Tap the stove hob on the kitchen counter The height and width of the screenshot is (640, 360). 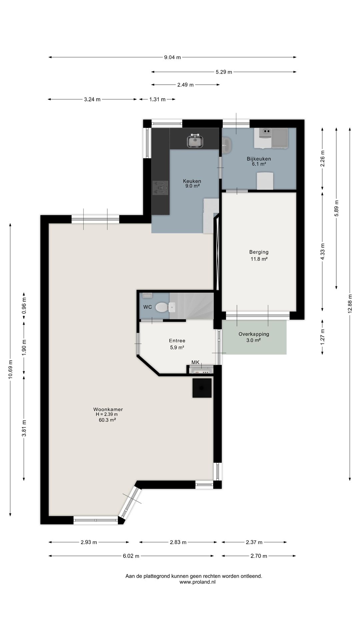click(160, 188)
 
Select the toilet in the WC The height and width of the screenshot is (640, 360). click(162, 307)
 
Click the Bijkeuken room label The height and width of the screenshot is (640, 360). click(259, 159)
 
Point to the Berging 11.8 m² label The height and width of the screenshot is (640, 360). click(259, 255)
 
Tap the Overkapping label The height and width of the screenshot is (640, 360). click(254, 334)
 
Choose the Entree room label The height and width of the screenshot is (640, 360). click(177, 341)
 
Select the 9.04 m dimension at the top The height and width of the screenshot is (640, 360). click(172, 57)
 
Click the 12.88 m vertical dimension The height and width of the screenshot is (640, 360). click(350, 303)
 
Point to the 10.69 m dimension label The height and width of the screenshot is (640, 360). click(10, 369)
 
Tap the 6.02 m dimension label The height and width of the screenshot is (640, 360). click(131, 556)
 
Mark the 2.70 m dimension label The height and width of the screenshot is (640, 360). click(259, 556)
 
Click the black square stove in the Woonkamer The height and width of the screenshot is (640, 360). click(202, 388)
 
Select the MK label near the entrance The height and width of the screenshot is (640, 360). click(195, 362)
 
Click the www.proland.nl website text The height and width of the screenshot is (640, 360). click(198, 582)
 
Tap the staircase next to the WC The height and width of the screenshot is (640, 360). click(191, 306)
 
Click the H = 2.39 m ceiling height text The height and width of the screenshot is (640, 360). click(107, 414)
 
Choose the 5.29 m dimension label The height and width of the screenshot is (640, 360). click(224, 72)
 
